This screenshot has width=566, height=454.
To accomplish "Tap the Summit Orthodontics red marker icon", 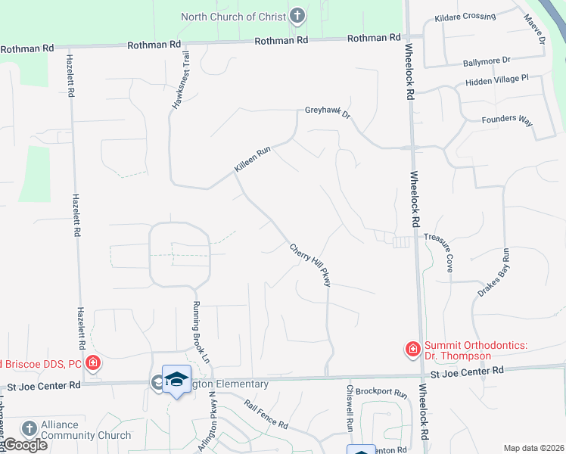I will [x=413, y=349].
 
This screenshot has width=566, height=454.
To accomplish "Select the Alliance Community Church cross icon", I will [x=30, y=428].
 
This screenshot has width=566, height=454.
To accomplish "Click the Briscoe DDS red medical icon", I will [x=92, y=363].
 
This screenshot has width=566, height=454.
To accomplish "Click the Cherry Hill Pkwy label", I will [x=311, y=264].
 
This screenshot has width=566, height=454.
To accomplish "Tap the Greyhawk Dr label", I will [x=328, y=112].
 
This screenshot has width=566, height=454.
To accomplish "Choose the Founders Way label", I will [x=508, y=119].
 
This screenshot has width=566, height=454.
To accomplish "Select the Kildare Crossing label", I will [x=465, y=17].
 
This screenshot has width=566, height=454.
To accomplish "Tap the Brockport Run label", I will [x=381, y=393].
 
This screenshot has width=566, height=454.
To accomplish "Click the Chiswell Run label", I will [x=350, y=409].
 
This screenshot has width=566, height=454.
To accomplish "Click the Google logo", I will [x=24, y=445].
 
